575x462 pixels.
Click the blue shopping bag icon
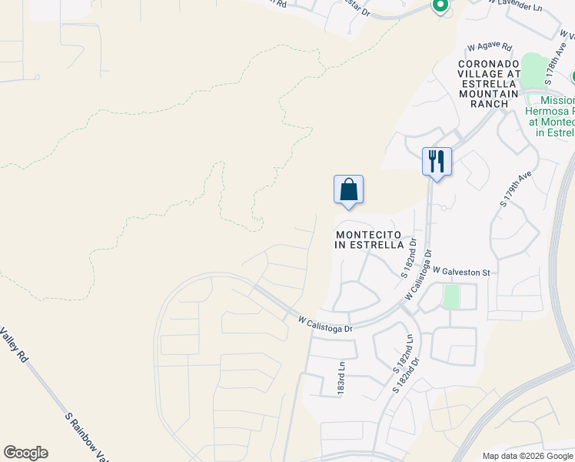tap(348, 189)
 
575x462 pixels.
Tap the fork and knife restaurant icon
tap(437, 162)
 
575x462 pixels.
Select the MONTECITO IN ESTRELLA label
tap(369, 239)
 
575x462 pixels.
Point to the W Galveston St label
tap(461, 272)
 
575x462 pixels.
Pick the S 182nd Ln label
tap(405, 349)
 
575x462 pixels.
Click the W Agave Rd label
tap(489, 47)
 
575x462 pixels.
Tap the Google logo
tap(25, 453)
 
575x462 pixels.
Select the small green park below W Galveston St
tap(451, 296)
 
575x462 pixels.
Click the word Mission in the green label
tap(557, 101)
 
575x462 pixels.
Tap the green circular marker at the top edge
tap(440, 7)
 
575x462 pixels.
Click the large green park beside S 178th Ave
tap(533, 72)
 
